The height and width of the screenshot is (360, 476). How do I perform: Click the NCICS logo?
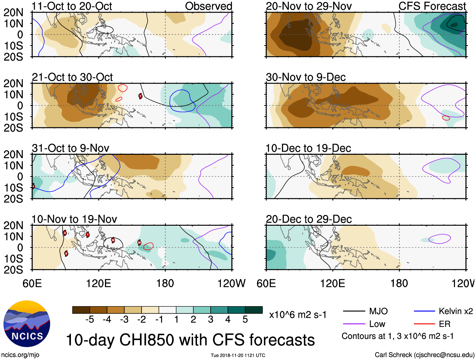point(27,324)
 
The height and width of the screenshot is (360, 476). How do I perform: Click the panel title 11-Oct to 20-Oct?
point(72,6)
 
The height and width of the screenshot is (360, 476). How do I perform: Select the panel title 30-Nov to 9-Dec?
point(306,77)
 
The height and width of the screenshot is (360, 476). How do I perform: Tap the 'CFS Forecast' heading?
point(432,6)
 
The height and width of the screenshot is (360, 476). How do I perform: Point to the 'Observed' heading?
point(208,6)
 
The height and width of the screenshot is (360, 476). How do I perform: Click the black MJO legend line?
point(354,311)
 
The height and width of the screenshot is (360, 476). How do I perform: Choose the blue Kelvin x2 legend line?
point(424,311)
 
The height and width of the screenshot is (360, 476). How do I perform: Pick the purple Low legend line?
point(354,324)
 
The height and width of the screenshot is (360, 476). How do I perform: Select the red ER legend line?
point(424,324)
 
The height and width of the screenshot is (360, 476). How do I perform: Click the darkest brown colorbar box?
point(81,310)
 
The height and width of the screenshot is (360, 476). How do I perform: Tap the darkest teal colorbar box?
point(254,310)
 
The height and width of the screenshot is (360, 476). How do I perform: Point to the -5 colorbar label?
point(90,320)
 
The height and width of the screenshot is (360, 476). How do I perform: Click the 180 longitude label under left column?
point(165,283)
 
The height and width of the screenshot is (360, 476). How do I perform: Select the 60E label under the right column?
point(266,283)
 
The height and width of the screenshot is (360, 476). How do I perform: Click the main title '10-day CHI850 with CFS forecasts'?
point(190,340)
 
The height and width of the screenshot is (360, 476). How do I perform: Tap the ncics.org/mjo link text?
point(20,355)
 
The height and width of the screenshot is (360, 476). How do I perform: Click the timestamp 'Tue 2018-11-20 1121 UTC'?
point(238,356)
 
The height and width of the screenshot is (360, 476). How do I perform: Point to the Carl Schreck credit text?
point(424,355)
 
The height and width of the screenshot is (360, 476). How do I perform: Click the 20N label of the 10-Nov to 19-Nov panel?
point(13,225)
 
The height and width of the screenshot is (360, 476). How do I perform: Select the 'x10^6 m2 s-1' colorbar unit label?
point(298,315)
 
